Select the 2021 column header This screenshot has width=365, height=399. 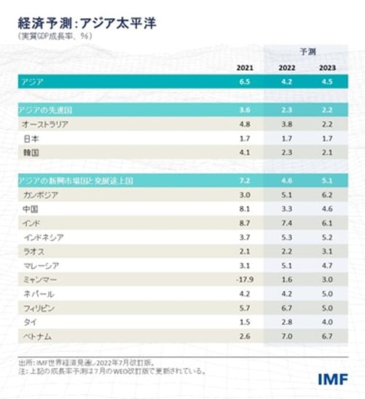pyautogui.click(x=245, y=68)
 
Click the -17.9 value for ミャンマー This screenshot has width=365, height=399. pyautogui.click(x=245, y=279)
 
